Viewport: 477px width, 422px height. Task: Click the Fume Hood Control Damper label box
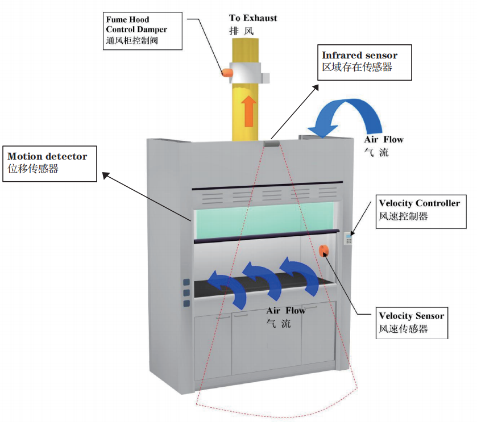pos(144,31)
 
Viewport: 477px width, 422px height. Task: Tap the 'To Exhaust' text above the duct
pos(253,18)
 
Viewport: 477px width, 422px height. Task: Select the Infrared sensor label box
pos(359,61)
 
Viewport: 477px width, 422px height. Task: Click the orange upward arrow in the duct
pos(248,111)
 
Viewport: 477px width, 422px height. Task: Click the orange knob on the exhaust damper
pos(227,72)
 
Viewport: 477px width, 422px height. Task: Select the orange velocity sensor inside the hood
pos(324,250)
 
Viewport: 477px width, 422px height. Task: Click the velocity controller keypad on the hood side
pos(348,238)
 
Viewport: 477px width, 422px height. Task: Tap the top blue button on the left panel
pos(186,283)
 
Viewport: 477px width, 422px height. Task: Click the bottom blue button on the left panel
pos(186,303)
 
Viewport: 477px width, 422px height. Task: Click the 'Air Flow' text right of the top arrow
pos(384,140)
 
